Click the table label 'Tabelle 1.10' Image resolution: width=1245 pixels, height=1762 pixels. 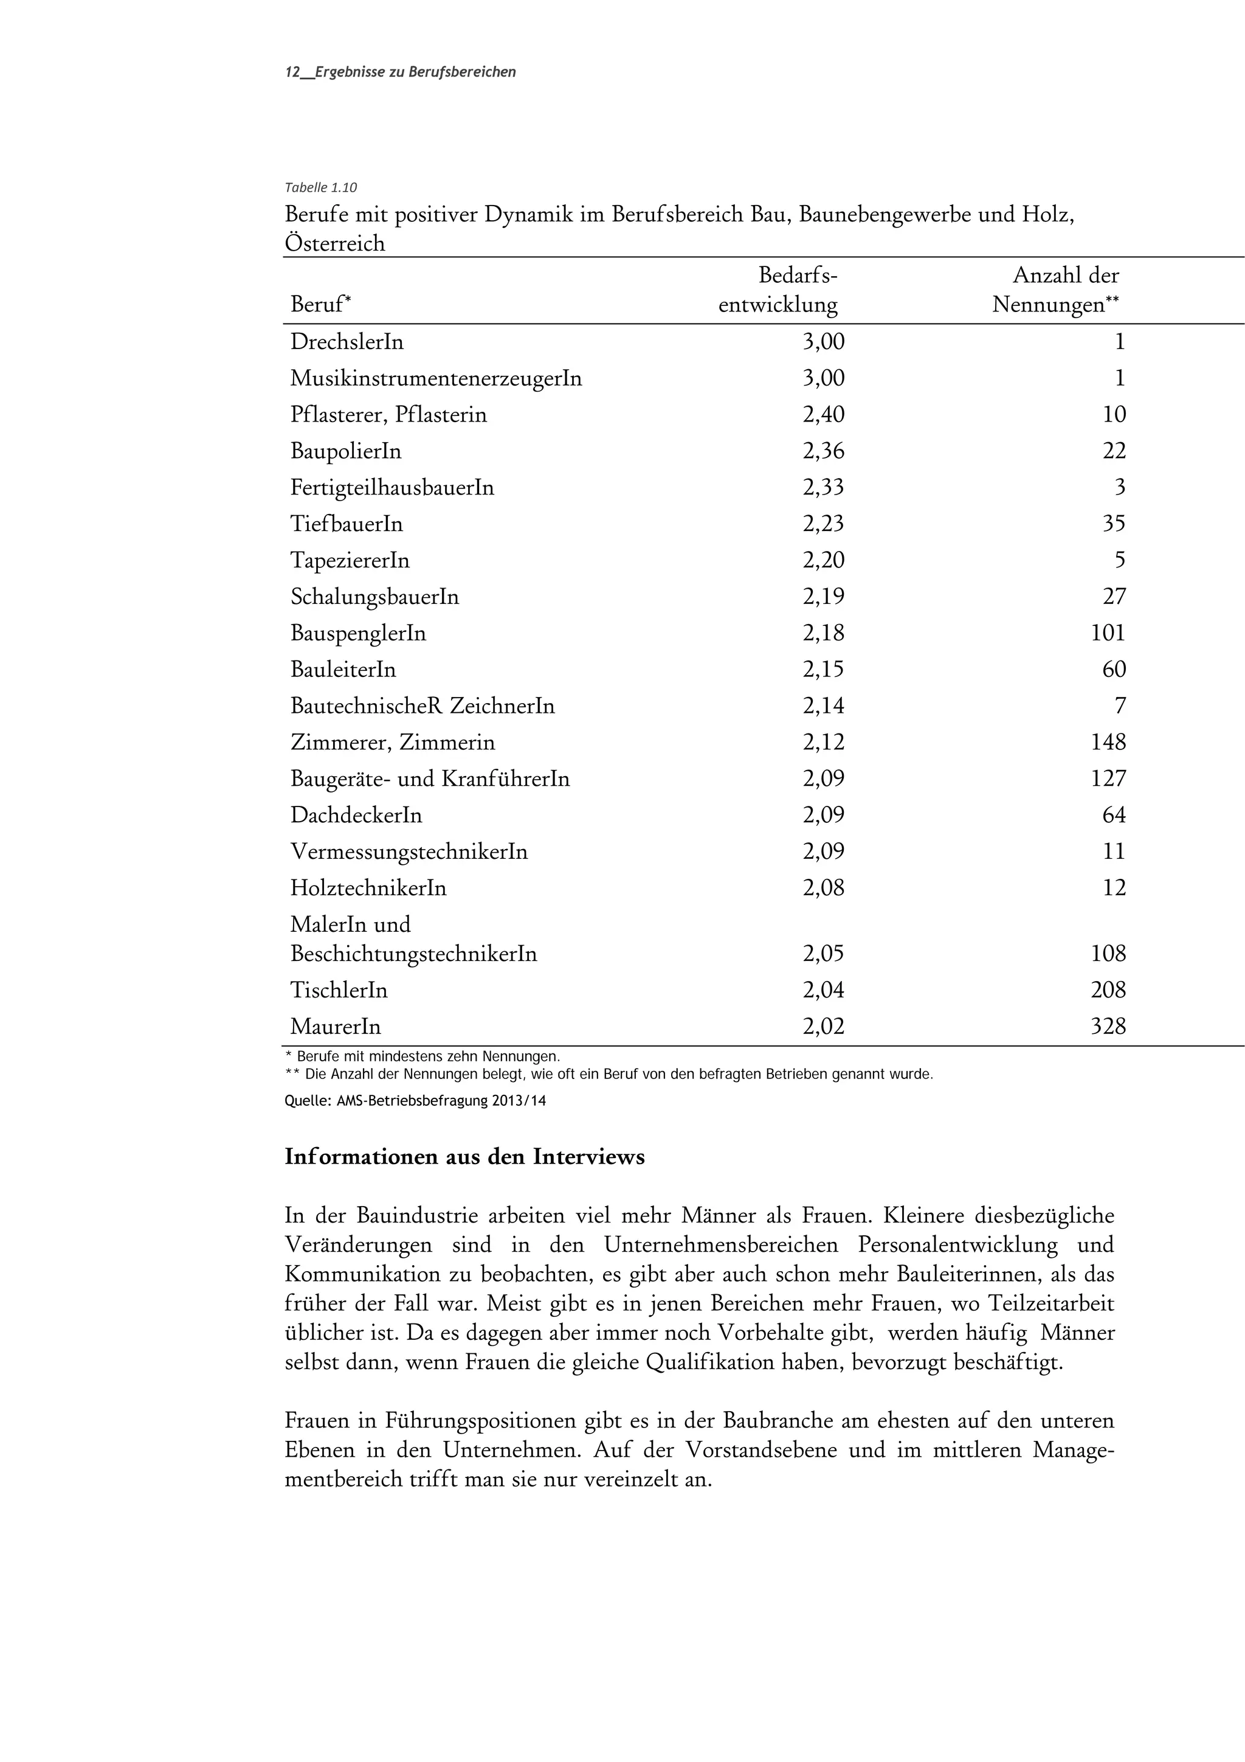[320, 187]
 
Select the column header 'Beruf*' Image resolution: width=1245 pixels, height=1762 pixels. [320, 305]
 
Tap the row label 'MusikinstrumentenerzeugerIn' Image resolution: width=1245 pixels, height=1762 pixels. [436, 378]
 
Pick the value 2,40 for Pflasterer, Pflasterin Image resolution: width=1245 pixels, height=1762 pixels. [823, 414]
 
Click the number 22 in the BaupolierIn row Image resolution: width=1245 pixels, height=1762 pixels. [1114, 451]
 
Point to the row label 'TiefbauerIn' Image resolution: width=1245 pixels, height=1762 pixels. [347, 524]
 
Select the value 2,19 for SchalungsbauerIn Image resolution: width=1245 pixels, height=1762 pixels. [823, 596]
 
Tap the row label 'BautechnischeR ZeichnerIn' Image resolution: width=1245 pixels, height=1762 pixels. [422, 706]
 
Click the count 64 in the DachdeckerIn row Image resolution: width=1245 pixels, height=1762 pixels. [1114, 815]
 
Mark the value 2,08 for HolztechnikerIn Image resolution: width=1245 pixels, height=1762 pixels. [823, 888]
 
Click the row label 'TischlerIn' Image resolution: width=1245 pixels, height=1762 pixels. [339, 990]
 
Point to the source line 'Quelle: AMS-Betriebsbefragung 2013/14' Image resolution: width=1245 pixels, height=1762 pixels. [415, 1100]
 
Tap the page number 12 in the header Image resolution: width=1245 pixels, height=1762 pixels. [292, 72]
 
